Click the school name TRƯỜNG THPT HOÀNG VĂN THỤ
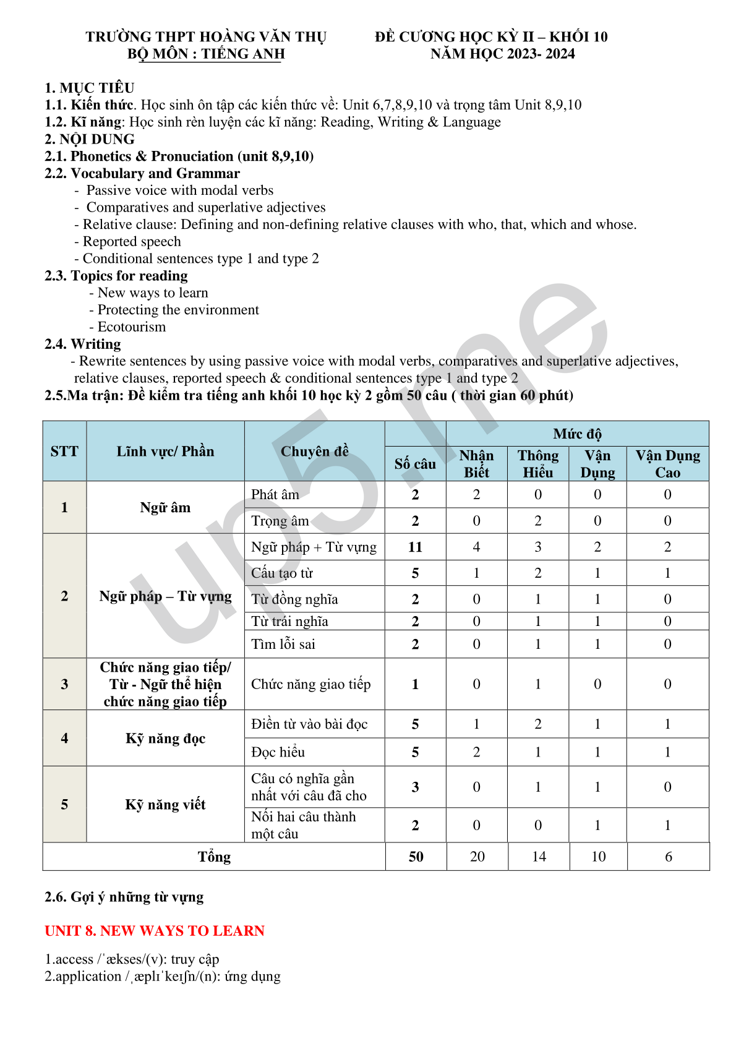tap(206, 37)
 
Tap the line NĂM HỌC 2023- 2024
tap(502, 54)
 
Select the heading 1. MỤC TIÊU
tap(90, 88)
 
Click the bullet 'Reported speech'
tap(132, 242)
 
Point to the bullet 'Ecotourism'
tap(132, 327)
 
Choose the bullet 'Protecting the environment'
tap(178, 310)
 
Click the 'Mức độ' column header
tap(577, 434)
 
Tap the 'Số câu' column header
tap(415, 464)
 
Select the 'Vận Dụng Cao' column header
tap(667, 464)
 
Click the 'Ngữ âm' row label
tap(165, 508)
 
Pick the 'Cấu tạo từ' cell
tap(282, 573)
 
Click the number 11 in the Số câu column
tap(415, 547)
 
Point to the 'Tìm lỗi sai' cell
tap(283, 645)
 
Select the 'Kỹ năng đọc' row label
tap(165, 739)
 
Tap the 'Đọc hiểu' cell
tap(278, 752)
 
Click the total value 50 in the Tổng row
tap(416, 857)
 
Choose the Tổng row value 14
tap(539, 857)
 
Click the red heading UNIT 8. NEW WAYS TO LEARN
tap(155, 931)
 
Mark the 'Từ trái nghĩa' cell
tap(289, 622)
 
